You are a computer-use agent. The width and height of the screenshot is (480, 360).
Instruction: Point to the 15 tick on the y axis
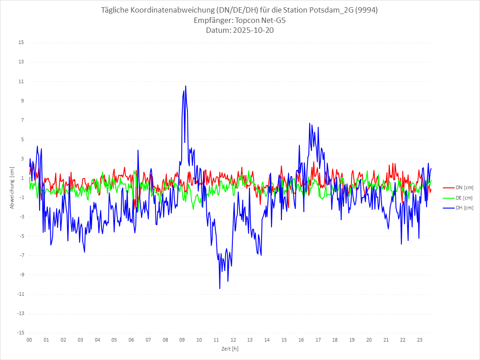coord(21,43)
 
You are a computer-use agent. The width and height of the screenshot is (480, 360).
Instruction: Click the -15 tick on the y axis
coord(20,333)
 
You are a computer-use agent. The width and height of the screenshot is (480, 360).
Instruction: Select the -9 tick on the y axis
coord(21,275)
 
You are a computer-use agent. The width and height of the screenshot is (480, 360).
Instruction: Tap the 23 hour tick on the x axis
coord(420,340)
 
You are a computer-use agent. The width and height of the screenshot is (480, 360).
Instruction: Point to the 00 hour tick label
coord(29,340)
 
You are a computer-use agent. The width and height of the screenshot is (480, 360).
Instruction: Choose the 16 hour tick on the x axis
coord(301,340)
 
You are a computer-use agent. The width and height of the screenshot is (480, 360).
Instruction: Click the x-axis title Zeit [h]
coord(230,348)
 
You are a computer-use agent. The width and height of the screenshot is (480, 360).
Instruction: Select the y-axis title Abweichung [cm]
coord(12,188)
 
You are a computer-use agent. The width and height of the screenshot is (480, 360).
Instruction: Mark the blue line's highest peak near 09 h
coord(186,86)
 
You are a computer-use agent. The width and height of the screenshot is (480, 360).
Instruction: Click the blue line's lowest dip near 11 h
coord(220,288)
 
